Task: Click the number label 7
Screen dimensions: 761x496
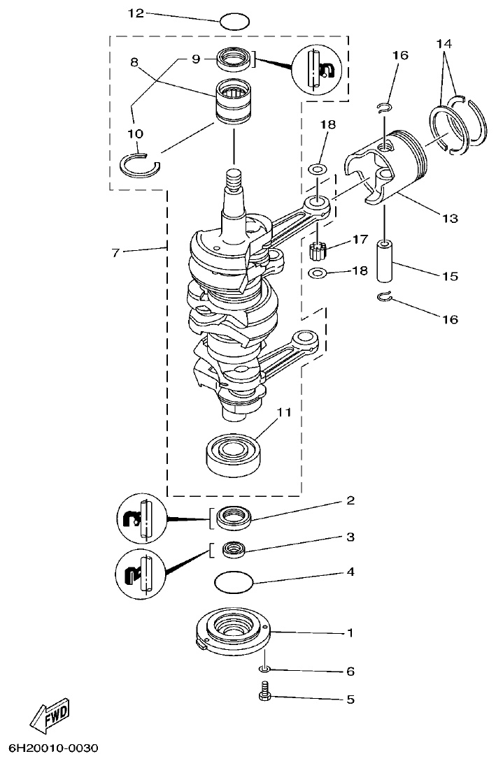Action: tap(117, 252)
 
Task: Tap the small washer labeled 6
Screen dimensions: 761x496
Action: tap(267, 670)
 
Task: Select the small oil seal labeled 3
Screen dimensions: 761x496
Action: tap(233, 549)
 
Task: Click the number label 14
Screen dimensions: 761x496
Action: tap(444, 43)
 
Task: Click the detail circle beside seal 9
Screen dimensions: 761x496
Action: tap(319, 68)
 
